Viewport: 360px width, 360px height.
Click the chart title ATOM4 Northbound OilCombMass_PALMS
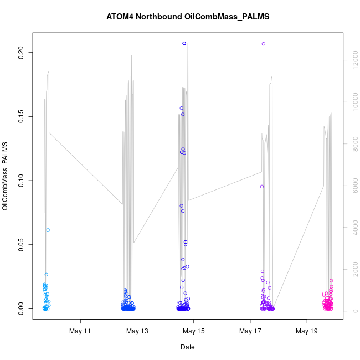(x=188, y=17)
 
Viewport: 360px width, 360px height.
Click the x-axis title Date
(x=187, y=347)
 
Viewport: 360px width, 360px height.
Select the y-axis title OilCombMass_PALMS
(x=6, y=176)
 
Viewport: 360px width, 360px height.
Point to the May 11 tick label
(x=80, y=331)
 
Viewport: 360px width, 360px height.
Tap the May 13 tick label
(x=137, y=331)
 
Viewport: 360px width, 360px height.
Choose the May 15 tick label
(x=194, y=331)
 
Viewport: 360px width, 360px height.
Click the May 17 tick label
(x=250, y=331)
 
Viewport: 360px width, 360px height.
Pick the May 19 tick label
(x=307, y=331)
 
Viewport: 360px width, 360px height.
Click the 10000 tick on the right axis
(x=354, y=102)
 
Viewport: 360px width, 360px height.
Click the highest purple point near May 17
(x=264, y=44)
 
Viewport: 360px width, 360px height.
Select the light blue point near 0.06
(x=48, y=230)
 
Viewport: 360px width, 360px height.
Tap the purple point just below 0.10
(x=262, y=187)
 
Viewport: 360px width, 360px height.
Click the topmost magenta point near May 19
(x=331, y=281)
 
